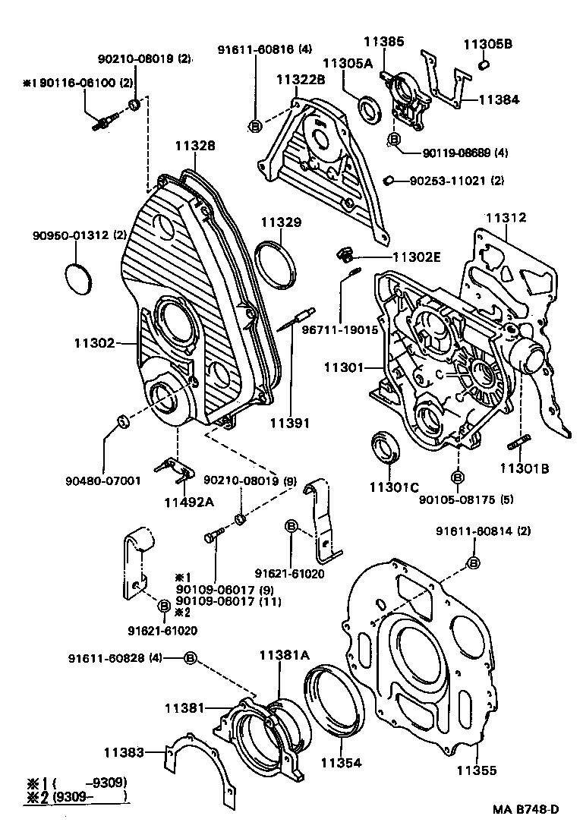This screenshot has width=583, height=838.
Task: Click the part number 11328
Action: (196, 146)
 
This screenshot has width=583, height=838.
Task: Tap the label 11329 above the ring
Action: (282, 222)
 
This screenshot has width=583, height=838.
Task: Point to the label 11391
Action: (291, 422)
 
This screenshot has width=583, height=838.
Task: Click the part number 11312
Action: (506, 218)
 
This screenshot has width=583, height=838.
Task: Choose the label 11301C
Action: (394, 487)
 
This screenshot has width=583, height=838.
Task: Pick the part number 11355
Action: (476, 770)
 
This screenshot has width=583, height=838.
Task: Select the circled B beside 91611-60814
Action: (473, 562)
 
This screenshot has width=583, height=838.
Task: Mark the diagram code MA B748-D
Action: (525, 809)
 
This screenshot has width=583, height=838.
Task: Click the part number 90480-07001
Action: (103, 480)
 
